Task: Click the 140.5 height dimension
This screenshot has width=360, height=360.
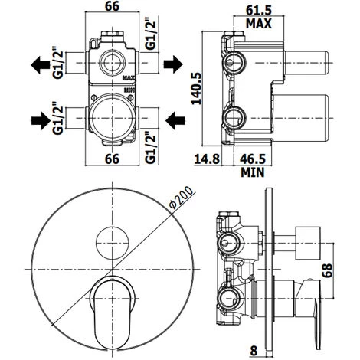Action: pos(197,89)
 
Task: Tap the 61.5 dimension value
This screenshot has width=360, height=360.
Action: pos(259,11)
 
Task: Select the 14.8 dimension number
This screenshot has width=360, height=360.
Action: pos(207,159)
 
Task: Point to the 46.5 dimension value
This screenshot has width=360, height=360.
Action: pos(253,159)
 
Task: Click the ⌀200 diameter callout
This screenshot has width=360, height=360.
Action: pos(182,198)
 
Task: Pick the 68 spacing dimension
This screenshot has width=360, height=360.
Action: pos(327,270)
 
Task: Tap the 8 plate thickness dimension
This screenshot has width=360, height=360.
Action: pos(254,351)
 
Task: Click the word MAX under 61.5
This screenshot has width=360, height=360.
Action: pos(259,24)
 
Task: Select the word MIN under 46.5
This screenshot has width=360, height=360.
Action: pos(253,172)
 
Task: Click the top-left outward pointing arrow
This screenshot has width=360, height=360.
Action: pos(41,65)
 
